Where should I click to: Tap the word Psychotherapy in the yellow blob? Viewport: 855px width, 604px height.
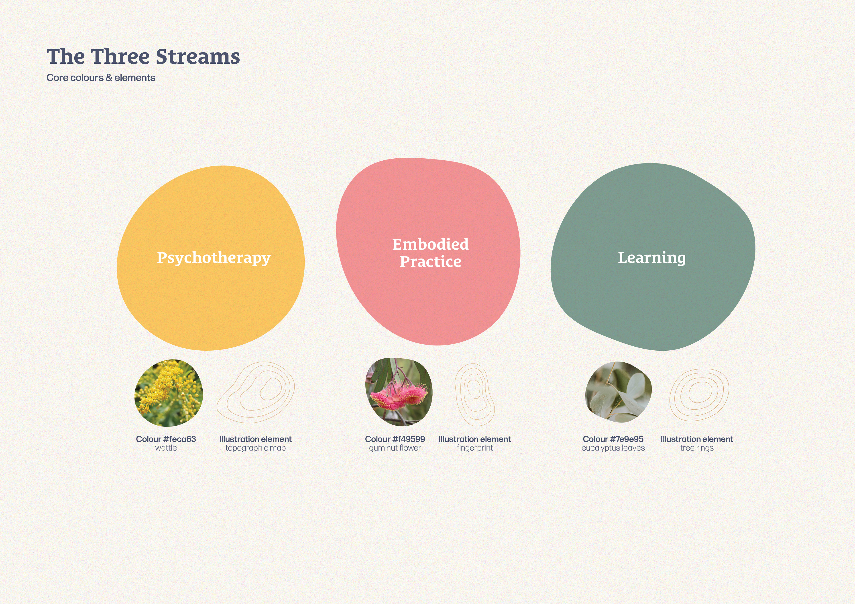click(214, 258)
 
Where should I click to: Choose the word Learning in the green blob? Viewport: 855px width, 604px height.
click(652, 258)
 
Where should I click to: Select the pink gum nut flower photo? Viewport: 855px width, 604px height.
click(399, 392)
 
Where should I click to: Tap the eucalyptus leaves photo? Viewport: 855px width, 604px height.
click(619, 392)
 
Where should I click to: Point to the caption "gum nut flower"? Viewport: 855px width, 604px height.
click(395, 448)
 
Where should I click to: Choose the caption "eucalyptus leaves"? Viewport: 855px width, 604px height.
click(613, 448)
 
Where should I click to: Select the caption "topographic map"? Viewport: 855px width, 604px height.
click(255, 448)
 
